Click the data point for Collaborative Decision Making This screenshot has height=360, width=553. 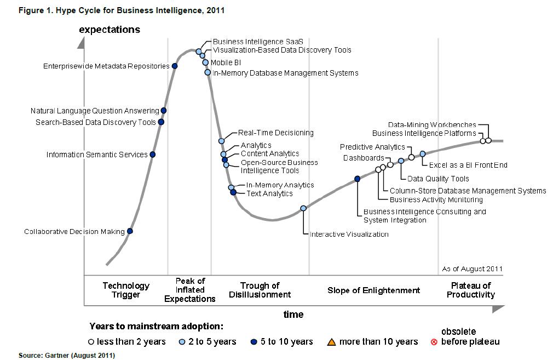tap(130, 231)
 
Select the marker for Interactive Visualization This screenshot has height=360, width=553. tap(303, 208)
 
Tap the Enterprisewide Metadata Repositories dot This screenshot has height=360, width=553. tap(175, 66)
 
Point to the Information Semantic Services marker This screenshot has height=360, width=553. tap(153, 154)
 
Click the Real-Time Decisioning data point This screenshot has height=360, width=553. tap(222, 141)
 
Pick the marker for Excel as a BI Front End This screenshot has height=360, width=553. tap(423, 154)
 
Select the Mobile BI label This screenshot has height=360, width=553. tap(226, 62)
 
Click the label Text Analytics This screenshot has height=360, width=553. tap(269, 193)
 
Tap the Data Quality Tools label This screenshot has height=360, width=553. tap(438, 179)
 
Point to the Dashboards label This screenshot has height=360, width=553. tap(364, 158)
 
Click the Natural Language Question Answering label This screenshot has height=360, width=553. tap(95, 111)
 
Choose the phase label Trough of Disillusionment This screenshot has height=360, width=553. tap(260, 290)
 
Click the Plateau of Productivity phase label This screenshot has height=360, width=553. tap(471, 290)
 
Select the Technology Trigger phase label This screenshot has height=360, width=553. tap(126, 290)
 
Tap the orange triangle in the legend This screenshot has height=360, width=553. tap(331, 342)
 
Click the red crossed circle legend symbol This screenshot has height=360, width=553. tap(434, 342)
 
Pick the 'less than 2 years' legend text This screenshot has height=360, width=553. tap(131, 342)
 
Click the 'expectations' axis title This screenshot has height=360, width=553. tap(110, 30)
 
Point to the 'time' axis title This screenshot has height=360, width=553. tap(293, 314)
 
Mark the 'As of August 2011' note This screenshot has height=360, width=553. tap(472, 269)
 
